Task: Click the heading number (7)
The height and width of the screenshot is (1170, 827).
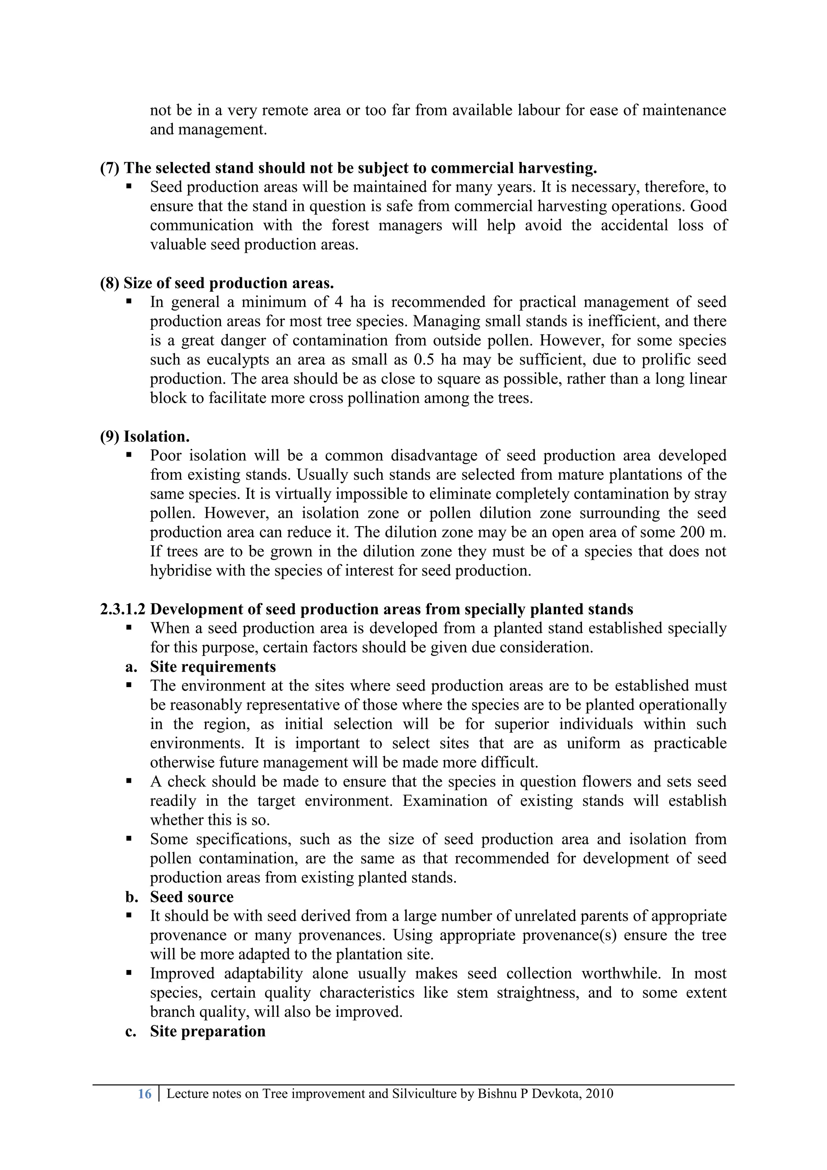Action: point(109,168)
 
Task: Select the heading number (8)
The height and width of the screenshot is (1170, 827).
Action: point(109,283)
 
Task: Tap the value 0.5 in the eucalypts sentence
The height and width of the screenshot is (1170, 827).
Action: point(424,360)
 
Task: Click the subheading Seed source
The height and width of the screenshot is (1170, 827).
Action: point(191,897)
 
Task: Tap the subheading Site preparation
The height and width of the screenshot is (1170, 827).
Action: point(208,1031)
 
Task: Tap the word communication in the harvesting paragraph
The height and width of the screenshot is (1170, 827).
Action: point(201,225)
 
